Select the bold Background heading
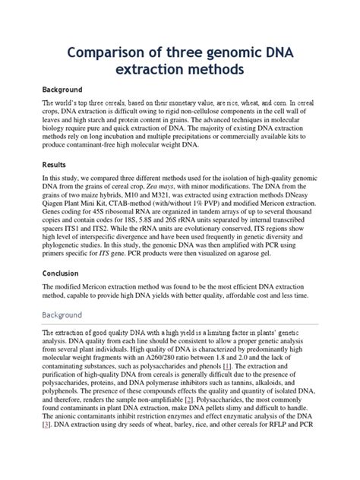coord(61,89)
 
